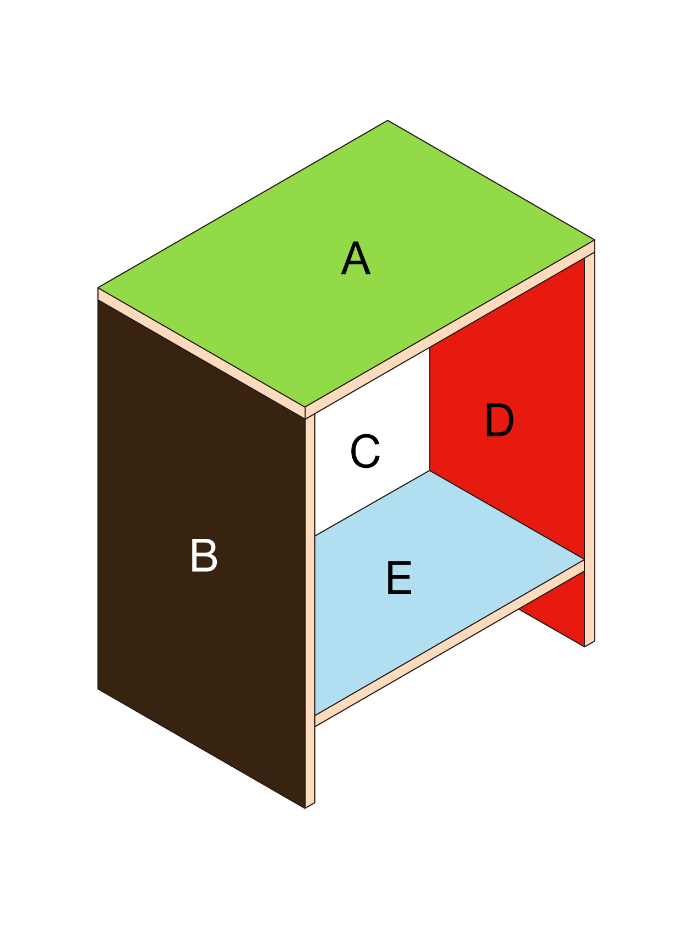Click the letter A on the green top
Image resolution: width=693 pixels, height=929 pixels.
tap(356, 259)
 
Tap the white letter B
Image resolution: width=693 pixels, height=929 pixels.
tap(204, 555)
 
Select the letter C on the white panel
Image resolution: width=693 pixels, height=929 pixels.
tap(365, 451)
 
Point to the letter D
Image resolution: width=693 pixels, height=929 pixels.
tap(499, 420)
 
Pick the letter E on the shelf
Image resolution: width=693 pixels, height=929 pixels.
tap(399, 578)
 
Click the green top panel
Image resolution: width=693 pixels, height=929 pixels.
tap(346, 264)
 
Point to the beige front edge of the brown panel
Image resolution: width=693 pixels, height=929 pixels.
tap(310, 611)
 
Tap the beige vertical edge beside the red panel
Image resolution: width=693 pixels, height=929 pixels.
tap(590, 449)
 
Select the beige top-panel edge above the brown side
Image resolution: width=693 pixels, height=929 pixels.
tap(201, 353)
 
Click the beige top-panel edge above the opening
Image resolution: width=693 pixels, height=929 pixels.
tap(450, 329)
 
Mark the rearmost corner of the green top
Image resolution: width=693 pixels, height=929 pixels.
tap(388, 121)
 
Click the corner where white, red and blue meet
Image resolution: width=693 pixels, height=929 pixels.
tap(429, 471)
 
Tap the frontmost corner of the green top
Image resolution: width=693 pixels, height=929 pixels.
tap(305, 407)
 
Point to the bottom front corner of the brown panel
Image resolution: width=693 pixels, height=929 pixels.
tap(305, 808)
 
